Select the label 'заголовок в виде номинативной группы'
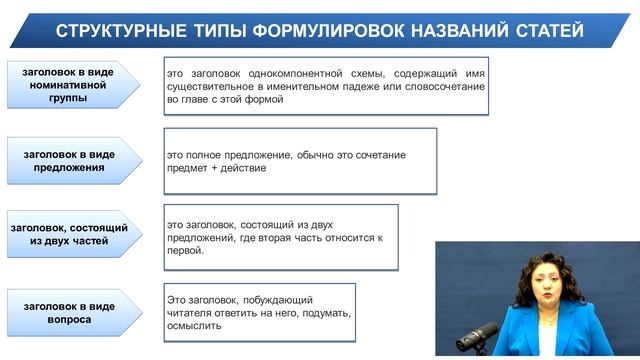point(65,85)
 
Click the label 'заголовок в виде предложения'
point(65,161)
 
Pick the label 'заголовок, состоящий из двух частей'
point(65,235)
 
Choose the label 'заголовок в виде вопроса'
point(65,313)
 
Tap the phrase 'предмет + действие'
point(214,169)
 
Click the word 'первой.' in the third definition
point(186,250)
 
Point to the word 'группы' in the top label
point(65,99)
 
